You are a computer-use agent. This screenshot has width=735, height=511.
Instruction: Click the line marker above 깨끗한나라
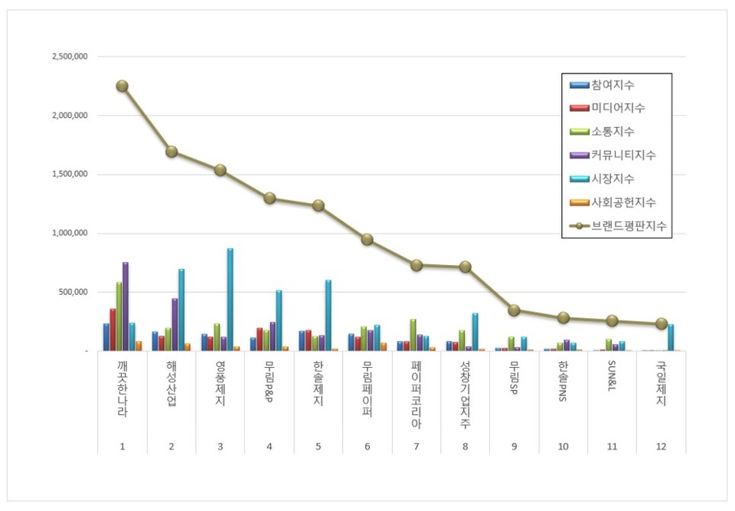pyautogui.click(x=122, y=86)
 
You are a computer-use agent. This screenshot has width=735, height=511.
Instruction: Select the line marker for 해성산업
pyautogui.click(x=171, y=152)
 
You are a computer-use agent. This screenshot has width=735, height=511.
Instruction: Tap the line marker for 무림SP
pyautogui.click(x=514, y=310)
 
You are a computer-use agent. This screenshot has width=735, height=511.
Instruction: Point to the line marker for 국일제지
pyautogui.click(x=661, y=324)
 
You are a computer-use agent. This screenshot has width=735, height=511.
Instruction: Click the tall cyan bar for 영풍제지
pyautogui.click(x=230, y=299)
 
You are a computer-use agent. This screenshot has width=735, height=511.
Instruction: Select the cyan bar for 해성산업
pyautogui.click(x=181, y=310)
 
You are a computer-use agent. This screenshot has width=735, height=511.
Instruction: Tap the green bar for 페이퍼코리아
pyautogui.click(x=413, y=335)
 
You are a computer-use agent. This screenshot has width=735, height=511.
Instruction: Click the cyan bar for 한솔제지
pyautogui.click(x=328, y=315)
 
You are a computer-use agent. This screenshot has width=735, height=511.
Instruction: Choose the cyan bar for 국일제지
pyautogui.click(x=671, y=337)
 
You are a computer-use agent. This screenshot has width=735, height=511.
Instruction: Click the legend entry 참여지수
pyautogui.click(x=612, y=84)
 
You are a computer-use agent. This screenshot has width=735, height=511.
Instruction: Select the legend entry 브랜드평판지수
pyautogui.click(x=628, y=226)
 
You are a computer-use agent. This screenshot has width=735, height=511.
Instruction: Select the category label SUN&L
pyautogui.click(x=612, y=378)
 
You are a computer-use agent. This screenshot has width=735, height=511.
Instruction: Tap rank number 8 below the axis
pyautogui.click(x=465, y=446)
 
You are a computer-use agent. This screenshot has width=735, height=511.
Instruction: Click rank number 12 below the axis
pyautogui.click(x=661, y=446)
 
